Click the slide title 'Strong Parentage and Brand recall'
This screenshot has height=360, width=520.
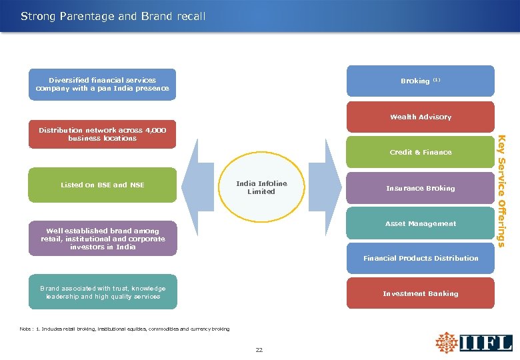click(x=113, y=15)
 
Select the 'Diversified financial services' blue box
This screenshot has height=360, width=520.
click(x=102, y=85)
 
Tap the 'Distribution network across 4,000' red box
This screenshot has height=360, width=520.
click(x=102, y=135)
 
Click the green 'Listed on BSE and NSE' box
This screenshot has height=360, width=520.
click(x=102, y=185)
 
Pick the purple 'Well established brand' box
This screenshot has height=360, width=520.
click(x=103, y=239)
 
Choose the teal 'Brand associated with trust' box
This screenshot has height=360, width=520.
click(x=103, y=292)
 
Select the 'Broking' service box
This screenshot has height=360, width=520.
click(x=420, y=81)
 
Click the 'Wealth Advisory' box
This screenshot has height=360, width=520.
click(x=420, y=117)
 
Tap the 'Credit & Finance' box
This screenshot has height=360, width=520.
click(x=420, y=153)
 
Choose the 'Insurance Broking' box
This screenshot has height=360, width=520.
click(x=420, y=189)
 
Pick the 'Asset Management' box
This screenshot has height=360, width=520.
click(x=420, y=224)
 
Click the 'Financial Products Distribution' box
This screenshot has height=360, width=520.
click(x=420, y=259)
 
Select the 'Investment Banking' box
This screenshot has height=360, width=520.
click(x=420, y=293)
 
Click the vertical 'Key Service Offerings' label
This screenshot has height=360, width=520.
click(x=507, y=191)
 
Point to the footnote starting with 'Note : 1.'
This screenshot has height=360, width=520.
click(x=125, y=329)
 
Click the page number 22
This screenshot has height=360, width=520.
click(x=259, y=349)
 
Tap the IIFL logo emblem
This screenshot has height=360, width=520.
click(x=446, y=343)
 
